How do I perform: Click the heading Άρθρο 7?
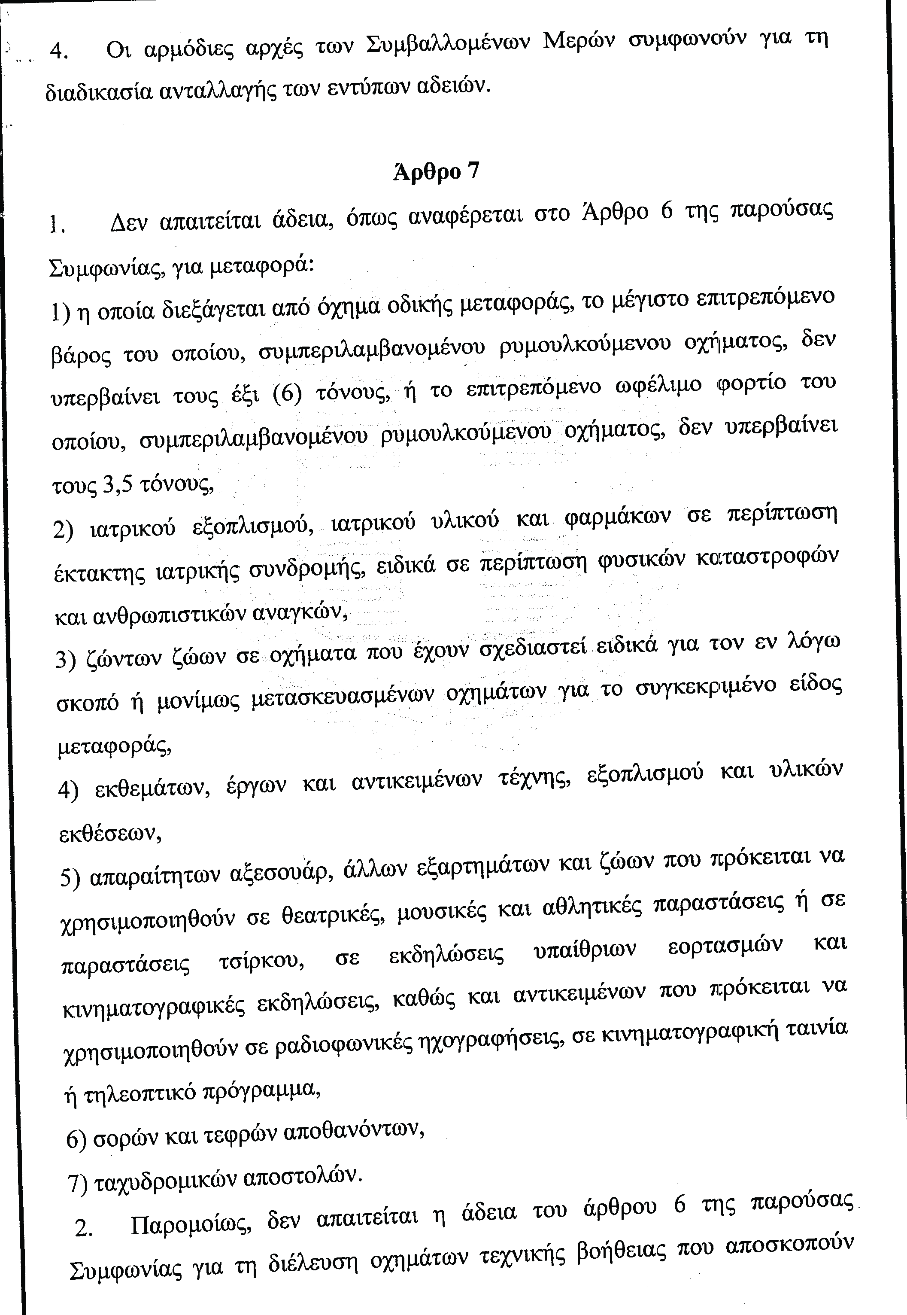[x=436, y=171]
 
